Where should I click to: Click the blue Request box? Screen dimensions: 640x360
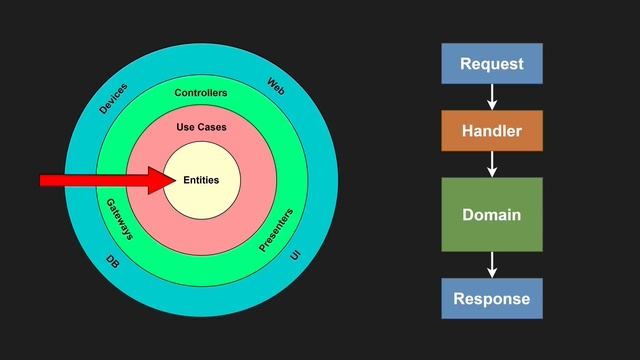click(492, 64)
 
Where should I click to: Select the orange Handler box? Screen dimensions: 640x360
click(492, 131)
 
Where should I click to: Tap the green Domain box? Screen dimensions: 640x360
click(492, 214)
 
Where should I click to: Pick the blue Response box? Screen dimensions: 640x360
click(492, 298)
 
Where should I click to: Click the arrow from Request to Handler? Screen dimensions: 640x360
click(492, 97)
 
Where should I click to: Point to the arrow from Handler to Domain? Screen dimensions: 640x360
click(492, 164)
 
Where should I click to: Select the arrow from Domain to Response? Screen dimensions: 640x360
click(492, 265)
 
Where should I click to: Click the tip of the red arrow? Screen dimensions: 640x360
click(176, 180)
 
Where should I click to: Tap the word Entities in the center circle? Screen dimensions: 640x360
click(201, 180)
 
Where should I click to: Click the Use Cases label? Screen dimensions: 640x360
click(201, 127)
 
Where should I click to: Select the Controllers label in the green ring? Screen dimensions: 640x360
click(201, 93)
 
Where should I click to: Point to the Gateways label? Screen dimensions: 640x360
click(120, 219)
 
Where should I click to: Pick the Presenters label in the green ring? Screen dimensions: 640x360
click(276, 230)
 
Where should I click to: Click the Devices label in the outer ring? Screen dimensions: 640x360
click(113, 98)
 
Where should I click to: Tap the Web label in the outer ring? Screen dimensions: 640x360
click(276, 86)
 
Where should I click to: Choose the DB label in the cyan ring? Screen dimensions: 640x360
click(113, 262)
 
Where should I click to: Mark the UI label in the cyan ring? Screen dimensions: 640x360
click(295, 255)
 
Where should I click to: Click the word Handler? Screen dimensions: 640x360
click(492, 131)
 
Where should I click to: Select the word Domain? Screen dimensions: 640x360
click(492, 215)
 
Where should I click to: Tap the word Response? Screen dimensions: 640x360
click(492, 299)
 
